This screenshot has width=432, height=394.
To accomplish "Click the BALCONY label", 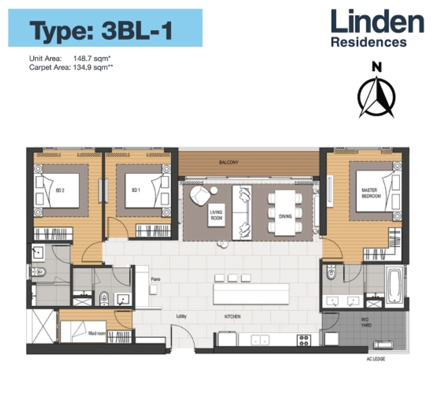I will coord(228,162).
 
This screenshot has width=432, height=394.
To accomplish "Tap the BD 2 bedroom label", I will coord(60,190).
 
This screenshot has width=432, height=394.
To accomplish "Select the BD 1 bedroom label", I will coord(136,190).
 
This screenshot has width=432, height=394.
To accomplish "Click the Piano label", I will coord(155,279).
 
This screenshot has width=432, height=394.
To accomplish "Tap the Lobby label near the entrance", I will coord(182,317).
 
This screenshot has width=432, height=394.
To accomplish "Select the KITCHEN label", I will coord(232,317).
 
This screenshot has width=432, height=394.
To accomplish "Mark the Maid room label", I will coord(97,334).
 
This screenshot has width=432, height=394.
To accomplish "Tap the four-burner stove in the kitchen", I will coord(304,339).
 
